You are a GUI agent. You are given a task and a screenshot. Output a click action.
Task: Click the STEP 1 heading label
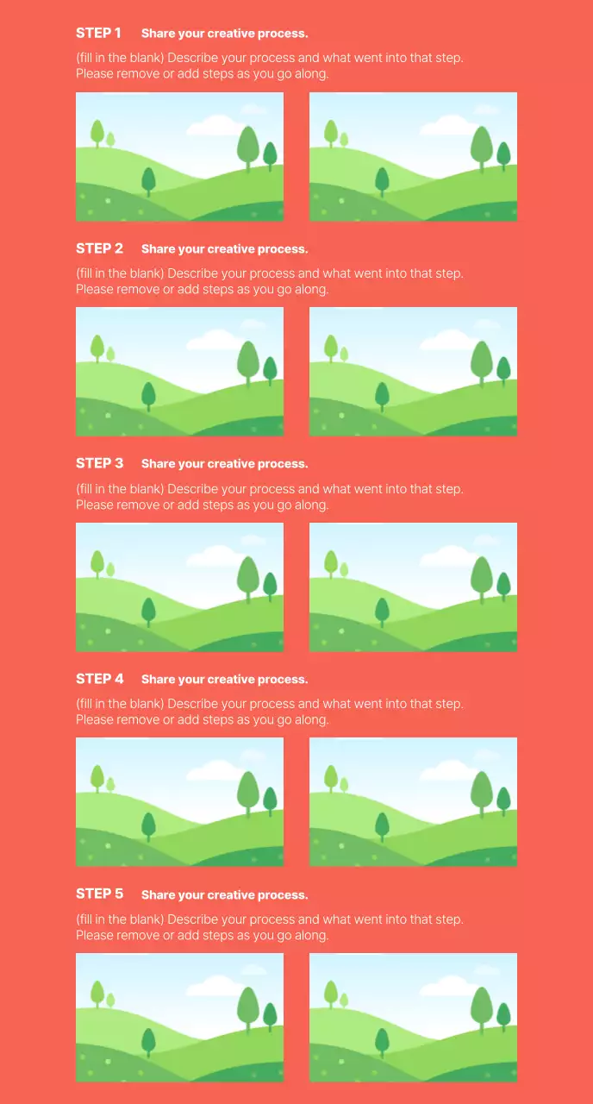pyautogui.click(x=98, y=33)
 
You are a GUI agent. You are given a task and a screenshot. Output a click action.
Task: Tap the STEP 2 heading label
pyautogui.click(x=99, y=248)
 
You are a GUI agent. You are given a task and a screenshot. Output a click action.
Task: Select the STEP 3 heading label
pyautogui.click(x=99, y=463)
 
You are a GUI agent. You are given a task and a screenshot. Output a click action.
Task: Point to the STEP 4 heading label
pyautogui.click(x=99, y=679)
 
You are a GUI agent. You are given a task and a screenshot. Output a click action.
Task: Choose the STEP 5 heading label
pyautogui.click(x=99, y=894)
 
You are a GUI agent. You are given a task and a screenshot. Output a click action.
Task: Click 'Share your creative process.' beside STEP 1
pyautogui.click(x=224, y=34)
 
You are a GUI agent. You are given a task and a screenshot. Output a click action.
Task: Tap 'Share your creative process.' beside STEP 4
pyautogui.click(x=224, y=680)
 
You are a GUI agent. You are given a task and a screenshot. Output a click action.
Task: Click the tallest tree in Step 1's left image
pyautogui.click(x=248, y=147)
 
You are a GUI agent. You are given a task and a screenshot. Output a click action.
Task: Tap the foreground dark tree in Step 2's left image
pyautogui.click(x=148, y=395)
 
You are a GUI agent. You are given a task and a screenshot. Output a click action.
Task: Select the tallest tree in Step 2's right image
pyautogui.click(x=482, y=361)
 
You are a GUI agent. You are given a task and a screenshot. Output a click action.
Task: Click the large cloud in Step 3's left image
pyautogui.click(x=215, y=556)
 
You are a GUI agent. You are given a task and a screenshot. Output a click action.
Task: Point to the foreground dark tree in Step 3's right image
pyautogui.click(x=382, y=611)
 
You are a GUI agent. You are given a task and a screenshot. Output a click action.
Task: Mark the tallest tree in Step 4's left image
pyautogui.click(x=248, y=792)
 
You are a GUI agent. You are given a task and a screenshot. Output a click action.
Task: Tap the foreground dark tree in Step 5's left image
pyautogui.click(x=148, y=1041)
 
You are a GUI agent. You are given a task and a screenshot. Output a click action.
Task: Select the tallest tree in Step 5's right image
pyautogui.click(x=482, y=1007)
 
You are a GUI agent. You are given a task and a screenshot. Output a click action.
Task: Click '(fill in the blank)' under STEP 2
pyautogui.click(x=120, y=273)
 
